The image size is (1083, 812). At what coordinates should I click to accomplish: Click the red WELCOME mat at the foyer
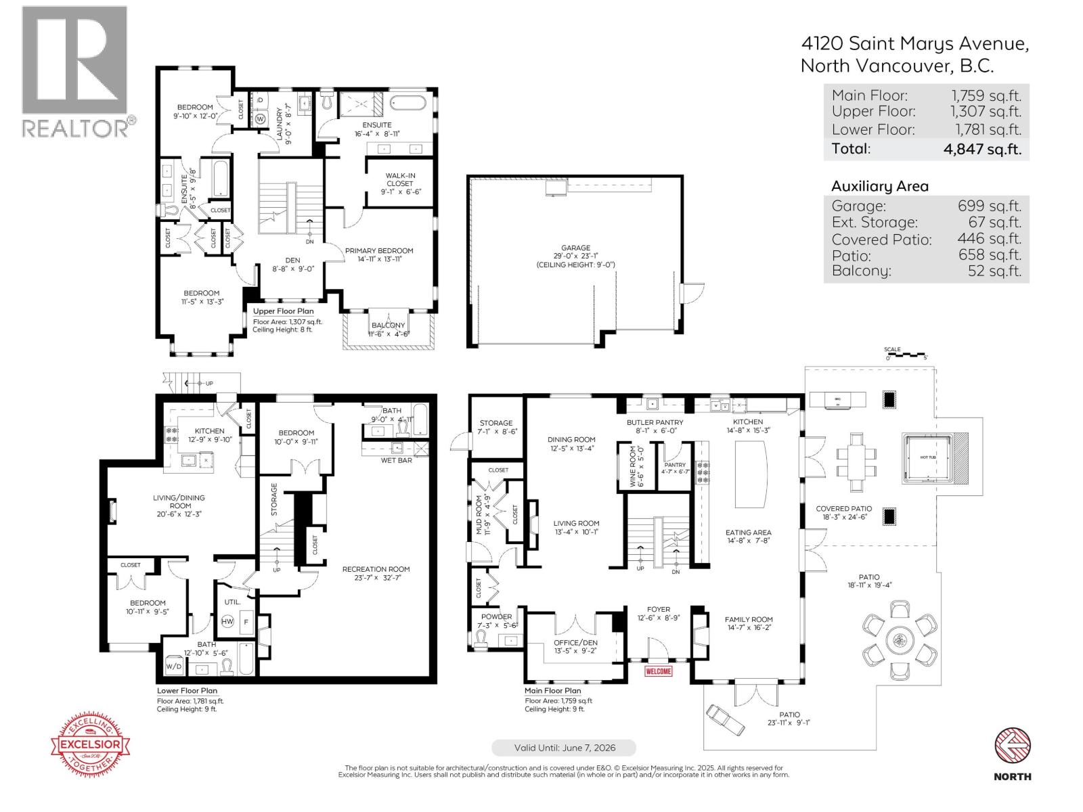pyautogui.click(x=658, y=671)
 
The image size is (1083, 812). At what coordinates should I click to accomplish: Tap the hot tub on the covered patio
pyautogui.click(x=927, y=458)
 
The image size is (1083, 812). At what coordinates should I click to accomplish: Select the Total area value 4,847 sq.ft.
pyautogui.click(x=982, y=149)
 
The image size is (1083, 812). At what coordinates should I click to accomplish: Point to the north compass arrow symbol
pyautogui.click(x=1012, y=746)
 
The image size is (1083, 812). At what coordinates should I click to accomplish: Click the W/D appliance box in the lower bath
pyautogui.click(x=174, y=666)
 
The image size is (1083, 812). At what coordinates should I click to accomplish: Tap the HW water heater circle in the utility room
pyautogui.click(x=227, y=622)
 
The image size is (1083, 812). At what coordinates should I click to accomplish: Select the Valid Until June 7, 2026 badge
pyautogui.click(x=564, y=748)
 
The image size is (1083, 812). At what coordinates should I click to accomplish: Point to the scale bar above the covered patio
pyautogui.click(x=905, y=353)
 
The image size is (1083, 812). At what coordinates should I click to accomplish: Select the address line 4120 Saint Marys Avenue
pyautogui.click(x=914, y=44)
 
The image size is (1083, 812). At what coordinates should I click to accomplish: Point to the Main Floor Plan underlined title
pyautogui.click(x=552, y=691)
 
